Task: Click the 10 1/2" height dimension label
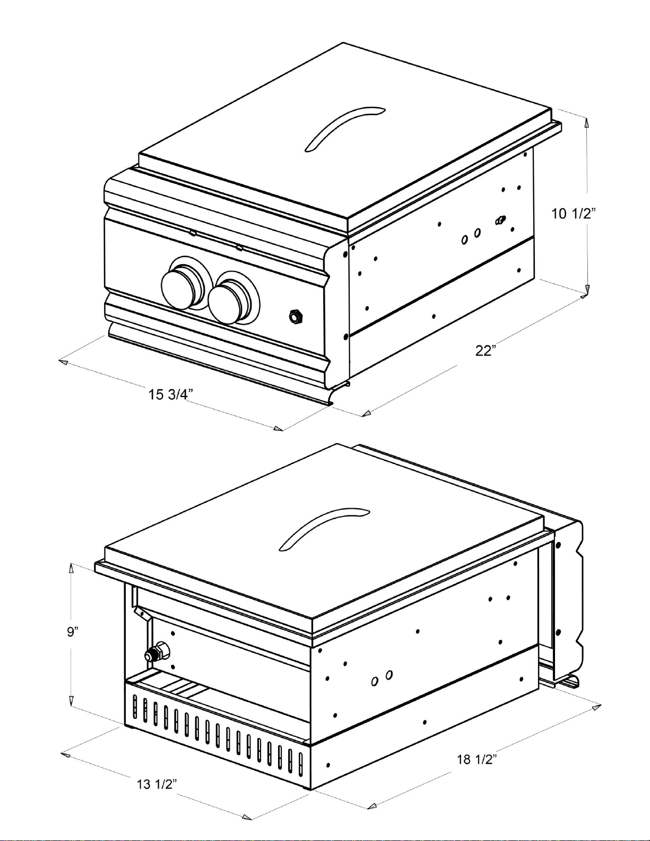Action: click(573, 214)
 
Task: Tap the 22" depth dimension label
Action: click(486, 351)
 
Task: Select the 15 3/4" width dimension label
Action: click(170, 394)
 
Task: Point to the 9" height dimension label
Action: click(73, 632)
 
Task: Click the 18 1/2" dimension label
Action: click(476, 759)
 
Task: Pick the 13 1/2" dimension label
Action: click(157, 784)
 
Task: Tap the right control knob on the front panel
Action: click(227, 300)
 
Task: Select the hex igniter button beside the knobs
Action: click(294, 317)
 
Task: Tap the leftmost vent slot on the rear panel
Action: click(135, 707)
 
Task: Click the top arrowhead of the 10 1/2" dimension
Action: click(586, 123)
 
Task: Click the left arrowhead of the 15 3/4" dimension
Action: click(63, 362)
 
